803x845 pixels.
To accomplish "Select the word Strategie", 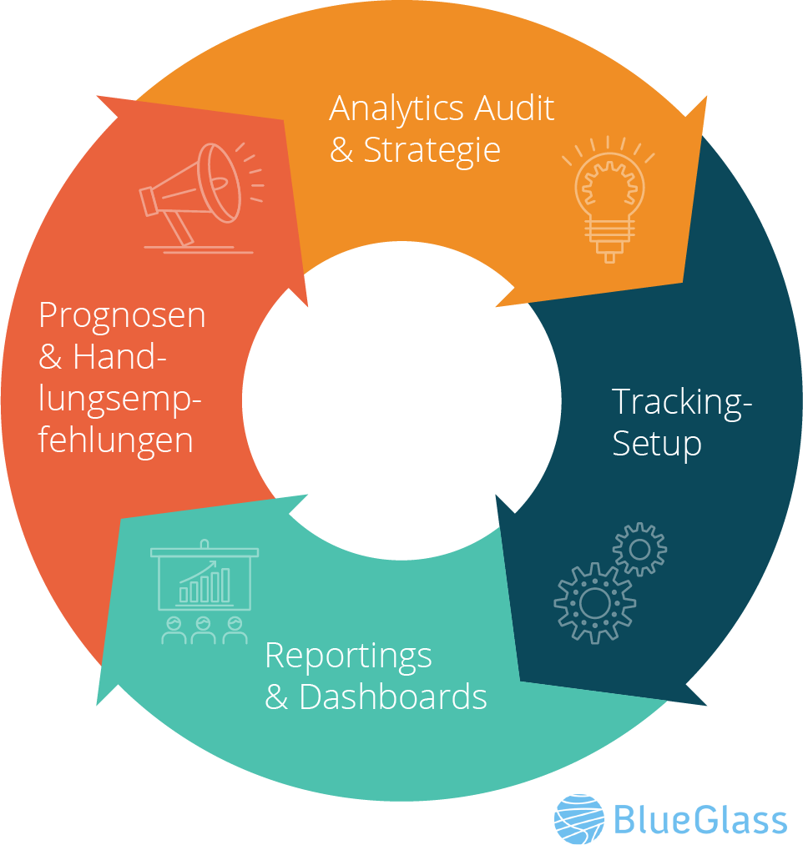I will (x=432, y=151).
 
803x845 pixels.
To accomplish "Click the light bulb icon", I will (x=609, y=199).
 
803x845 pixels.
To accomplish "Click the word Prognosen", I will (x=122, y=316).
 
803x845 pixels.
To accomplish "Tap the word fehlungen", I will (x=116, y=440).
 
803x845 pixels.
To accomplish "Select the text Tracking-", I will (x=682, y=402).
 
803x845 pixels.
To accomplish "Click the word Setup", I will (x=656, y=443).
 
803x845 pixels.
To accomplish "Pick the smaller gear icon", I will (x=640, y=549).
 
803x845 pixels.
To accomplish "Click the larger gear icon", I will (x=594, y=602).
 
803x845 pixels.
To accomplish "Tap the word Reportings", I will (x=348, y=656).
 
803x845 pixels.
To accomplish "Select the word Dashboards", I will (x=393, y=697).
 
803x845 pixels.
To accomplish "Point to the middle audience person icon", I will (x=204, y=630).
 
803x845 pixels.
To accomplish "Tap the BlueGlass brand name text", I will (x=700, y=820).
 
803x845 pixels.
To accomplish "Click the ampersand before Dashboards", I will (x=276, y=697).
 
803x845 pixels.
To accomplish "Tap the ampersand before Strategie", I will (x=341, y=151).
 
